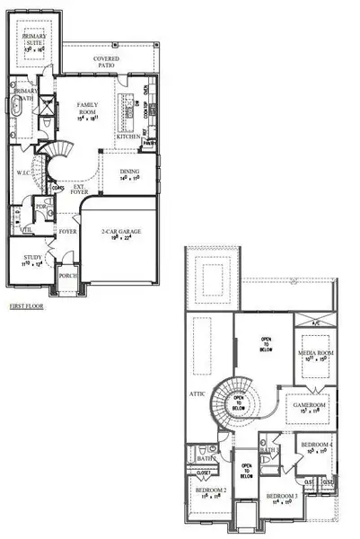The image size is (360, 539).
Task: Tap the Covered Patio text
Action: pos(107,63)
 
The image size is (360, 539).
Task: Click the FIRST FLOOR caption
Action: pos(27,305)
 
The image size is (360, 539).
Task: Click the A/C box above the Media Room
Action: pos(314,323)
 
